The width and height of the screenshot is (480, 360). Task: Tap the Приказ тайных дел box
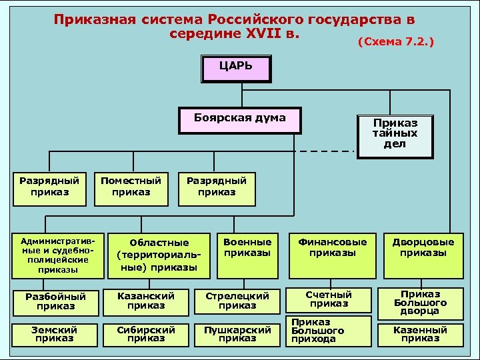click(x=395, y=135)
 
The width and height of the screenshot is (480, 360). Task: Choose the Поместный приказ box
click(x=131, y=187)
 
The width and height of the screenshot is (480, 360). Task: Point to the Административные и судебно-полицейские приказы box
click(x=53, y=255)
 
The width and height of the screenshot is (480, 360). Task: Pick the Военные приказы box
click(x=247, y=247)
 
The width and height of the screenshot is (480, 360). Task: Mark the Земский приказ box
click(x=55, y=334)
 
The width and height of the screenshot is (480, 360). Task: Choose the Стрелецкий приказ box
click(x=237, y=301)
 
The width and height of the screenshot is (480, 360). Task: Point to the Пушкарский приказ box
click(x=237, y=334)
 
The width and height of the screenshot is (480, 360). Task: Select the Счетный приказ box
click(x=328, y=299)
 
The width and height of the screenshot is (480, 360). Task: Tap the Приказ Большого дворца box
click(x=421, y=302)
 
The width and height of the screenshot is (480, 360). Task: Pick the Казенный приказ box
click(x=420, y=334)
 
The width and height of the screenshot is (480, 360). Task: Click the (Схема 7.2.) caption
click(x=396, y=42)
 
